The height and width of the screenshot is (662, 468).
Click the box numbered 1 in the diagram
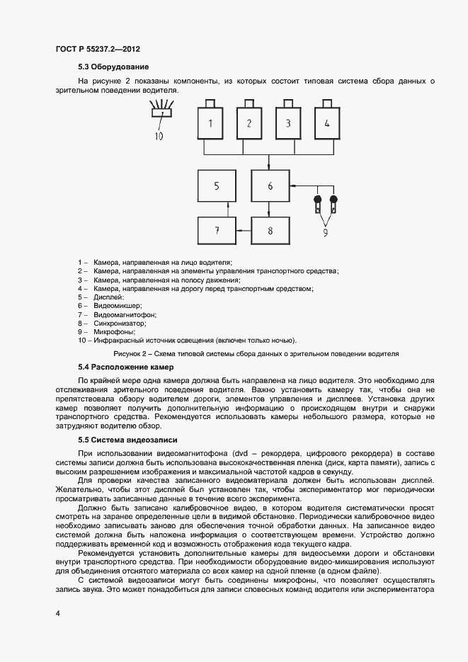coord(210,123)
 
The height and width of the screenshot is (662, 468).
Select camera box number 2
coord(249,123)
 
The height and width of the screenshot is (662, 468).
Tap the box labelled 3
coord(288,123)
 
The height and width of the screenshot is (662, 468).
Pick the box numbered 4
coord(326,123)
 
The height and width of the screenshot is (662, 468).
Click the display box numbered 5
coord(216,186)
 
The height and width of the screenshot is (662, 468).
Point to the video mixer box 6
coord(270,186)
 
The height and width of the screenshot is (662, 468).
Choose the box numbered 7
coord(216,230)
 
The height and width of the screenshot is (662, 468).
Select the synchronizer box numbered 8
coord(270,230)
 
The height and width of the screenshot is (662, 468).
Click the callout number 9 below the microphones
coord(326,231)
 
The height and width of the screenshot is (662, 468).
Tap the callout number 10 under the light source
coord(159,135)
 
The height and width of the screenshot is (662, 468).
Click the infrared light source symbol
coord(162,110)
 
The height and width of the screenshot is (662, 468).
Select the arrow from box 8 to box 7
coord(243,230)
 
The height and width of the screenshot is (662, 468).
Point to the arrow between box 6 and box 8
coord(270,209)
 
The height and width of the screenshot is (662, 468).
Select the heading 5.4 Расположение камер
coord(125,367)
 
